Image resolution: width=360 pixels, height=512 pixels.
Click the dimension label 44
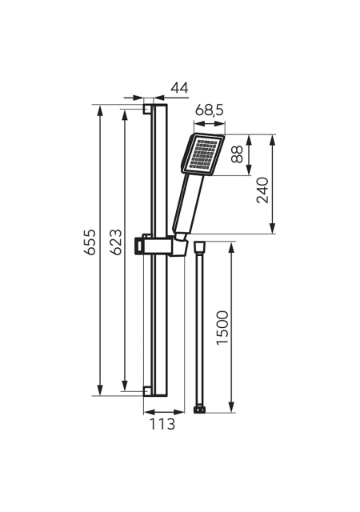[x=180, y=88]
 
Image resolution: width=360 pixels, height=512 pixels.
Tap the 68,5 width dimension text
[x=210, y=110]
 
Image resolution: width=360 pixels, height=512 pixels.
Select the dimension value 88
[x=238, y=154]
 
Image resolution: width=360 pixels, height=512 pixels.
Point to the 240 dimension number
[x=262, y=190]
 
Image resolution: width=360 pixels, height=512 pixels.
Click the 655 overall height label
[x=90, y=242]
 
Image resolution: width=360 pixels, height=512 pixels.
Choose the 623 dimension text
[x=116, y=242]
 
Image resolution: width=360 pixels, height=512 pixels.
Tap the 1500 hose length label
[x=222, y=327]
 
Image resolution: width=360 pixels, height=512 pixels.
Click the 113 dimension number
[x=162, y=424]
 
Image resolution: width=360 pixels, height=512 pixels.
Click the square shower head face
[x=202, y=154]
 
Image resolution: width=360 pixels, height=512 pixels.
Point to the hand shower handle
[x=188, y=203]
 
